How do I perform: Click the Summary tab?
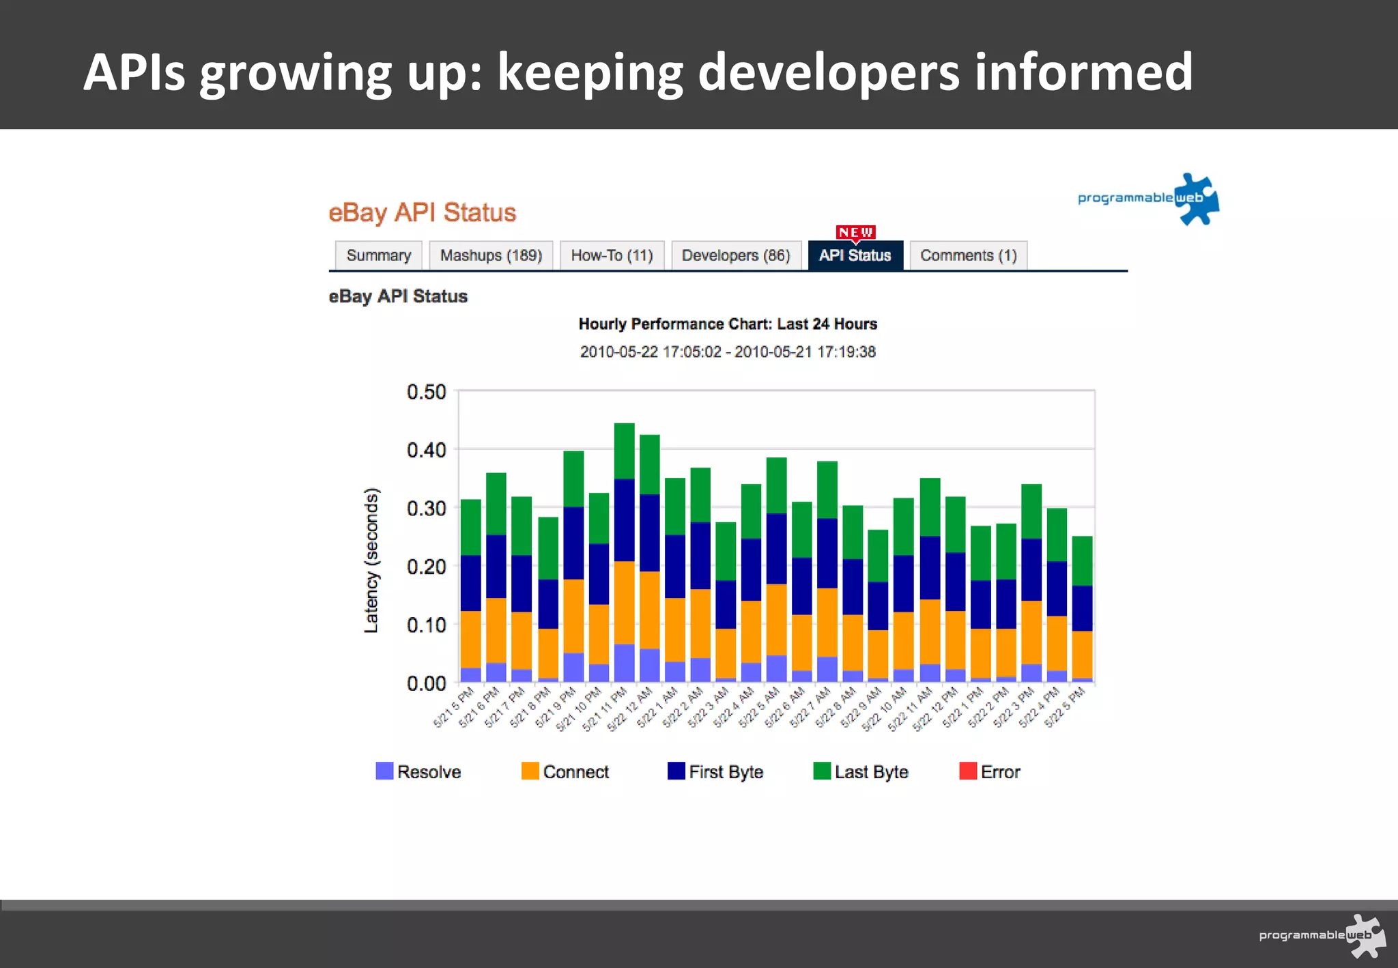click(378, 255)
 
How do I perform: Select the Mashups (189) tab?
click(491, 255)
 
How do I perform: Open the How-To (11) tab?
click(612, 255)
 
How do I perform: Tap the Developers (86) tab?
click(736, 255)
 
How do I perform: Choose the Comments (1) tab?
click(968, 255)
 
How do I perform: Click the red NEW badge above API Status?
click(855, 232)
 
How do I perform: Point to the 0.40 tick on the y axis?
click(426, 450)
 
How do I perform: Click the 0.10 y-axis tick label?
click(426, 625)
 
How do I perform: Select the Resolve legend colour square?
click(384, 771)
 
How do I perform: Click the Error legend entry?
click(990, 771)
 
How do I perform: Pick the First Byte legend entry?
click(715, 771)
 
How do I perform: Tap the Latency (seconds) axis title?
click(371, 560)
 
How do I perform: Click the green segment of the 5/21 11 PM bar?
click(624, 451)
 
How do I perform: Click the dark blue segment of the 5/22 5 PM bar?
click(1082, 608)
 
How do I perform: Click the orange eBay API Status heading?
click(422, 212)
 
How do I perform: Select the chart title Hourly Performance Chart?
click(728, 324)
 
